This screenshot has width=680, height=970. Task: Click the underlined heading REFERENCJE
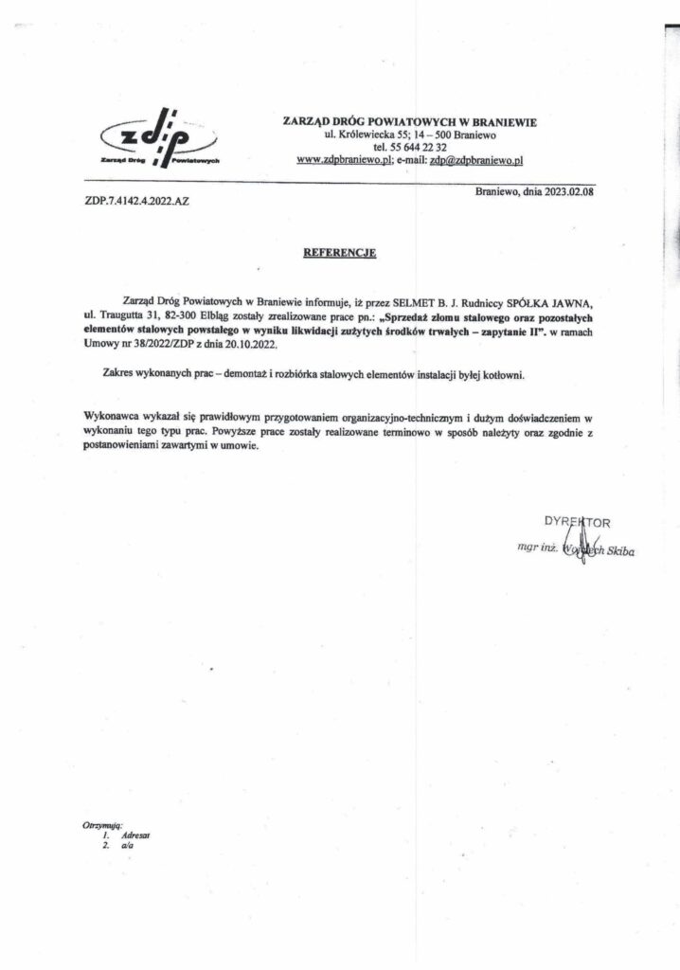click(x=340, y=253)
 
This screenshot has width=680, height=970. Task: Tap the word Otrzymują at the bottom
click(x=102, y=826)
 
